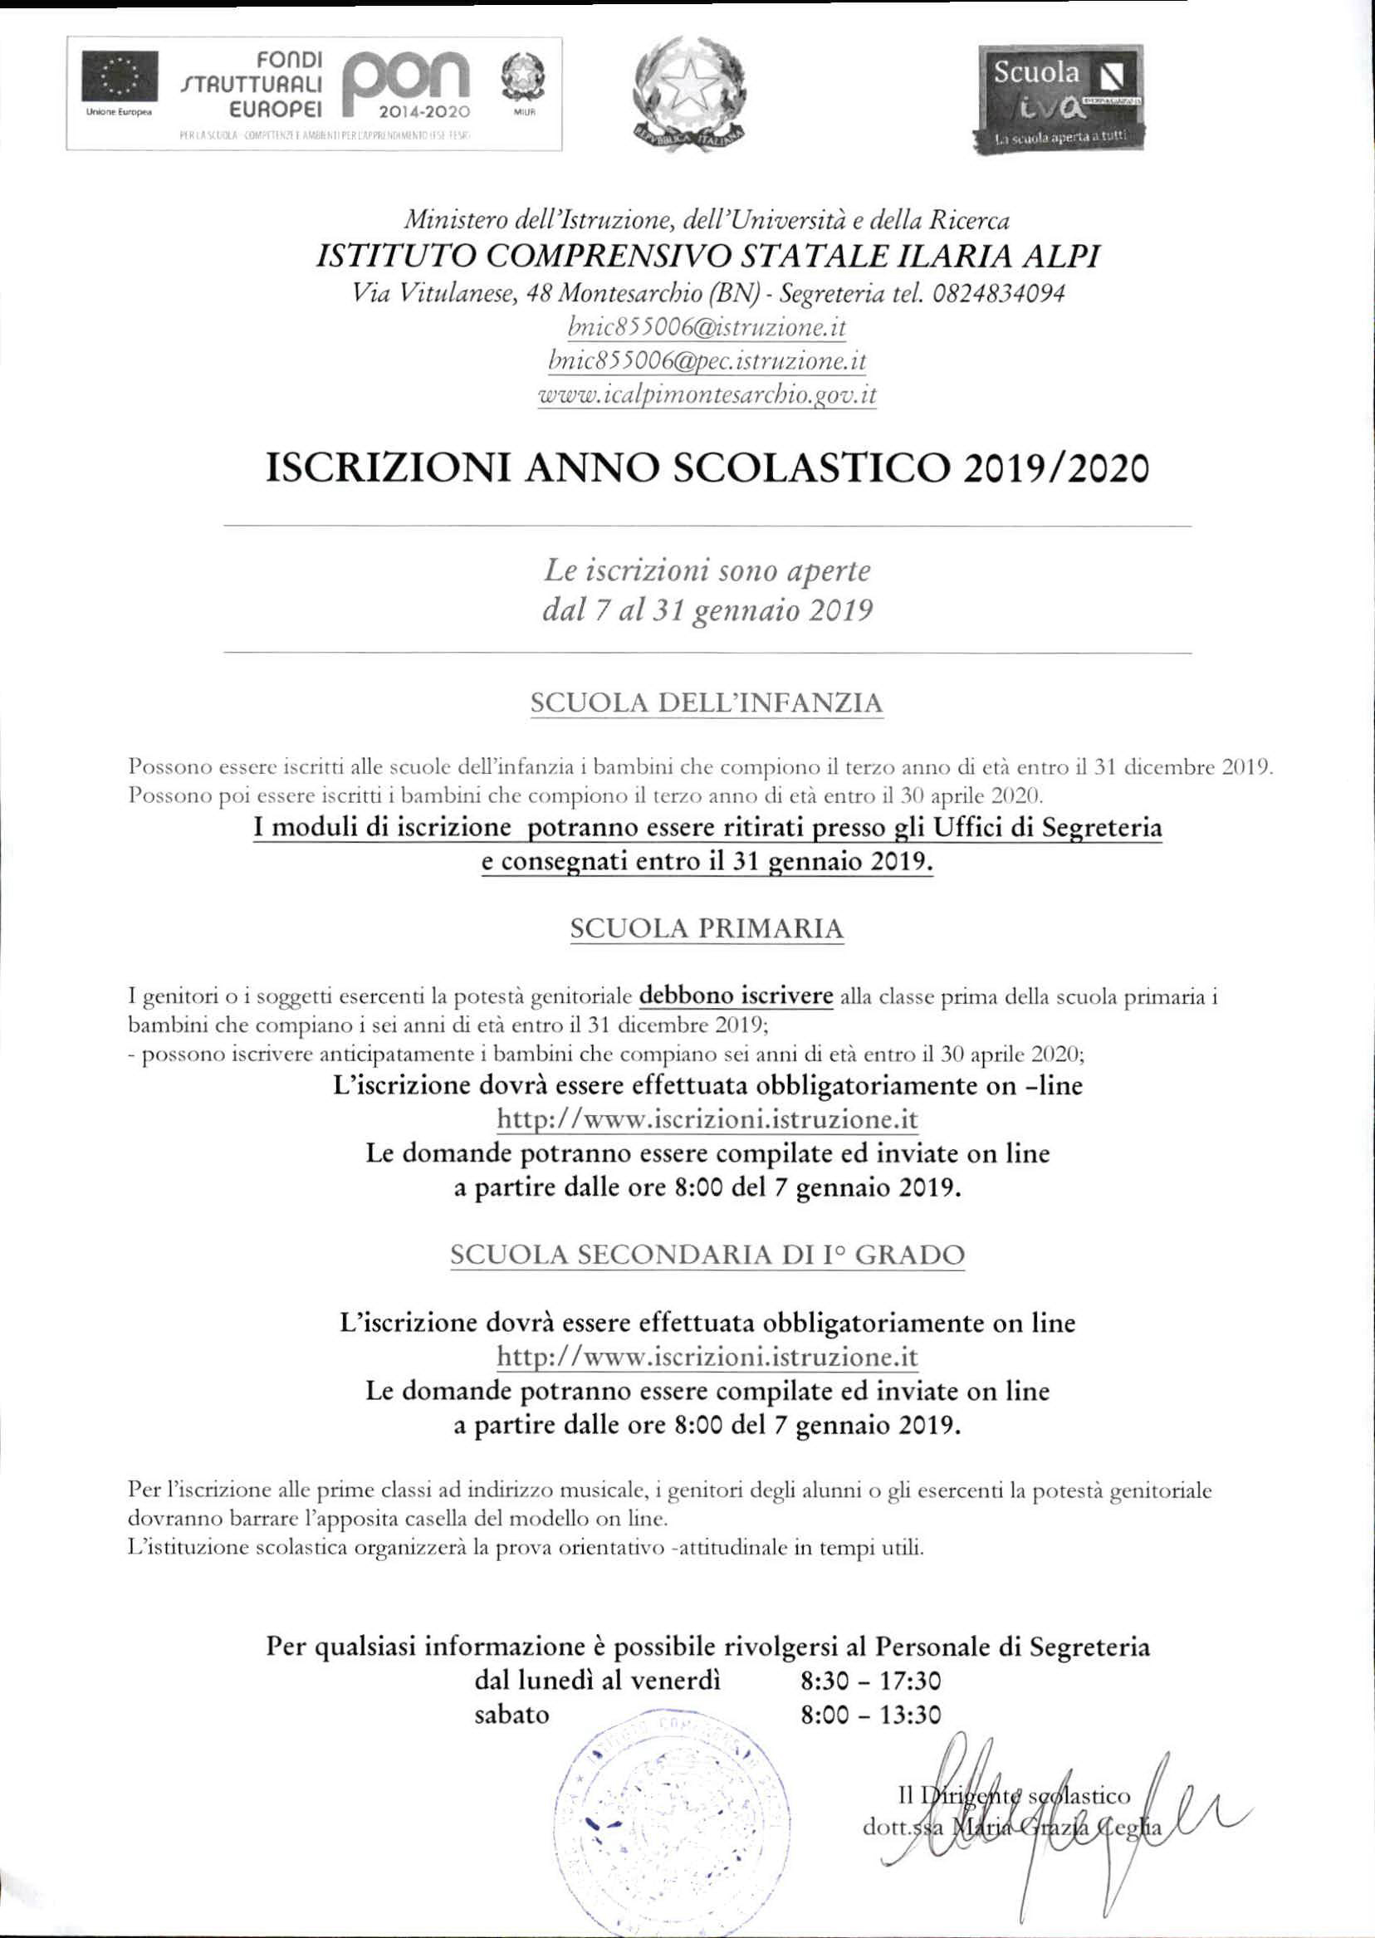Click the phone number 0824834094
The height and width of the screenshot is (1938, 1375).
[x=998, y=294]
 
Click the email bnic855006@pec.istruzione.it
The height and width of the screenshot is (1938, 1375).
[x=707, y=361]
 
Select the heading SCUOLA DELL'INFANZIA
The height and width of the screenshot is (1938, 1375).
[x=706, y=702]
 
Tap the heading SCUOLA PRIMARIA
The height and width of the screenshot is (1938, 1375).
[x=707, y=929]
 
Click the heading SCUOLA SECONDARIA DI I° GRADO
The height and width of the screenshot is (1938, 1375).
[x=707, y=1255]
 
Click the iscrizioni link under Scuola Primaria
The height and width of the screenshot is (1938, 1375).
[x=707, y=1119]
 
